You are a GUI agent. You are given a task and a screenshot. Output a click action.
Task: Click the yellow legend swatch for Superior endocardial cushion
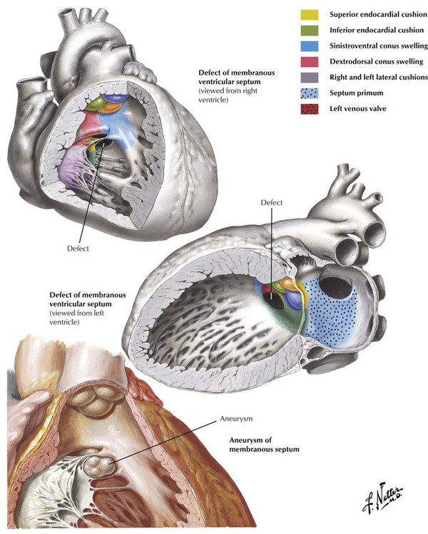[x=309, y=15]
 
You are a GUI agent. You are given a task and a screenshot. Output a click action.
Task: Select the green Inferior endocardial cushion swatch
[x=309, y=31]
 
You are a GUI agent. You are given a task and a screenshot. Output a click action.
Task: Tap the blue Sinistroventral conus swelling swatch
[x=309, y=46]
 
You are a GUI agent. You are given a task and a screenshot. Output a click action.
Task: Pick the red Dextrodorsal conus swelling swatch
[x=309, y=62]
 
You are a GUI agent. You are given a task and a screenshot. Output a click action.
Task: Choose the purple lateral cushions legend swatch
[x=309, y=78]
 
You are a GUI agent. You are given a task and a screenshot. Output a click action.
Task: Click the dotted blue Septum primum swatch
[x=309, y=93]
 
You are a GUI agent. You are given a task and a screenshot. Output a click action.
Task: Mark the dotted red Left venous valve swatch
[x=309, y=109]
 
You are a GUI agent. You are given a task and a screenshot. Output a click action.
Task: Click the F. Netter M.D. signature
[x=382, y=497]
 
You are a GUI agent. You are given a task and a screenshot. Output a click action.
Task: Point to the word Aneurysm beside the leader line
[x=236, y=419]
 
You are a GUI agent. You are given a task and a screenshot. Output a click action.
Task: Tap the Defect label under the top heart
[x=78, y=248]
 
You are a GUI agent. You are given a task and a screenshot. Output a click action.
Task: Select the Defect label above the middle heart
[x=272, y=203]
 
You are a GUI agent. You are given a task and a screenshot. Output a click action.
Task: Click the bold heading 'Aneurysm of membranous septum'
[x=264, y=445]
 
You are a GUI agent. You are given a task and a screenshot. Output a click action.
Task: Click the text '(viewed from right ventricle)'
[x=228, y=95]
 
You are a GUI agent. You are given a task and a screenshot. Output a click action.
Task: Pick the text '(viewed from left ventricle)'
[x=77, y=318]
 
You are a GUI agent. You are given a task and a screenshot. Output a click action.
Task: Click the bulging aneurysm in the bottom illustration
[x=100, y=466]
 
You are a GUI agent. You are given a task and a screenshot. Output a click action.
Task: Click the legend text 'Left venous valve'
[x=358, y=109]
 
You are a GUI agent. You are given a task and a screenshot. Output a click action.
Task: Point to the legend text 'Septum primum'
[x=357, y=93]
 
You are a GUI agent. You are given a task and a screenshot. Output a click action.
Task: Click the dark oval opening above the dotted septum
[x=336, y=287]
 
